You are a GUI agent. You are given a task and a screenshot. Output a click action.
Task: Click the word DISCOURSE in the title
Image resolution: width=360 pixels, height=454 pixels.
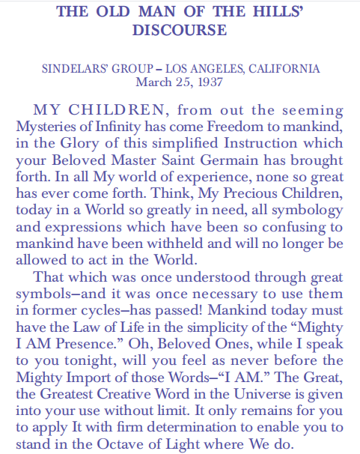(x=180, y=31)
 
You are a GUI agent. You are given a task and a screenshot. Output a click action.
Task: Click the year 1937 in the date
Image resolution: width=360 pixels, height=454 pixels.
(x=208, y=82)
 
